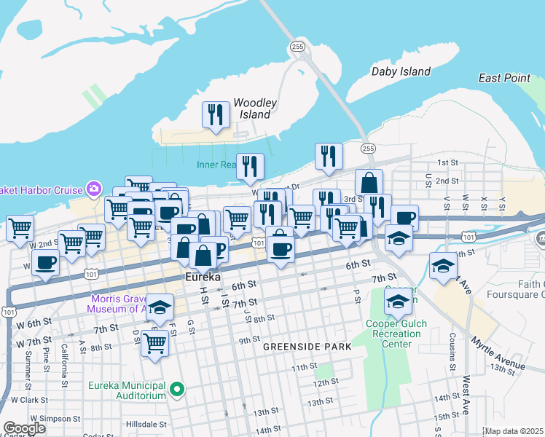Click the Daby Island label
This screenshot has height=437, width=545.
(x=400, y=71)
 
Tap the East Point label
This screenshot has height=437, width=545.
(x=504, y=78)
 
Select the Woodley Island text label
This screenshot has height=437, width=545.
(x=253, y=109)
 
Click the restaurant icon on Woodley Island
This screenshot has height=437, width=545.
(x=215, y=115)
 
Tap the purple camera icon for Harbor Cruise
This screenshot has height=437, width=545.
(x=93, y=189)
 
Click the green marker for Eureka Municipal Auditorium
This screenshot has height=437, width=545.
(x=176, y=390)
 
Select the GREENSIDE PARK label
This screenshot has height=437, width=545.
(x=307, y=347)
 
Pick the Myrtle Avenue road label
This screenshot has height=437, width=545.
(x=498, y=353)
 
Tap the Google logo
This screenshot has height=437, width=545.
(x=24, y=428)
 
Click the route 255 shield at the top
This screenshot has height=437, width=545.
(x=297, y=46)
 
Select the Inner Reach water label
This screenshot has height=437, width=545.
(x=216, y=165)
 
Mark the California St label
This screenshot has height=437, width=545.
(x=65, y=364)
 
